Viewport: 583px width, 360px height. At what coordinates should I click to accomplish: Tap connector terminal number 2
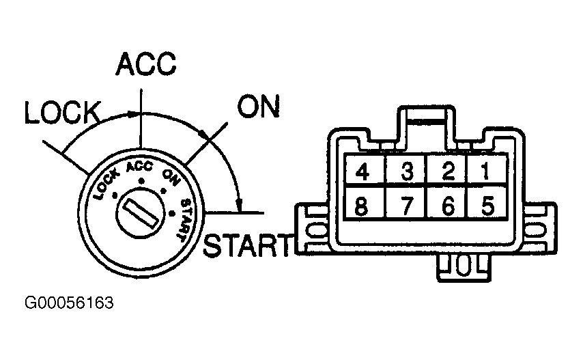448,171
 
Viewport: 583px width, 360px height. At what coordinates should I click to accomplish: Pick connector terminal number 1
486,171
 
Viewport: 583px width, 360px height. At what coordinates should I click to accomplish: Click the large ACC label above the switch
146,64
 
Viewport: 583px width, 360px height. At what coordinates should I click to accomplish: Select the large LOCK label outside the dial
63,112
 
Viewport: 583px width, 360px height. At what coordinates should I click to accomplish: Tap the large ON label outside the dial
259,106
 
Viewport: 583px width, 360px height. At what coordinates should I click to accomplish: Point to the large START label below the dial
246,245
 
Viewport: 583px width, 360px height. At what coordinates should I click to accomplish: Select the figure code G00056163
69,303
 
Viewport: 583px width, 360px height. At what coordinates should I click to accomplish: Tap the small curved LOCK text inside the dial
106,184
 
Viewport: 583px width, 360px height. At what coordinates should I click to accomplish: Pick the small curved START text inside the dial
185,220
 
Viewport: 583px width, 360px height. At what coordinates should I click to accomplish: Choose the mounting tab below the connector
464,267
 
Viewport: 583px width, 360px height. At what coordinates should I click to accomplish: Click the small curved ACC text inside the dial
139,167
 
